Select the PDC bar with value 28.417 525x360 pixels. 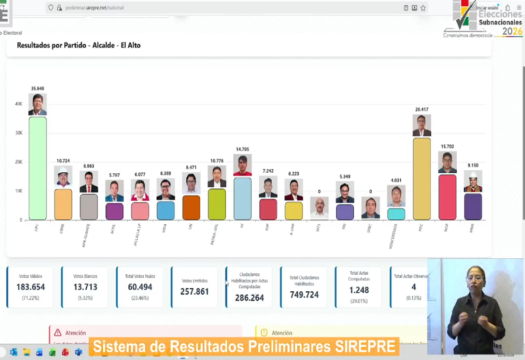421,179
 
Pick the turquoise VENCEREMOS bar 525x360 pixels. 396,214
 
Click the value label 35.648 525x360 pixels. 37,89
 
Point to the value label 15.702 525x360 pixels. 447,147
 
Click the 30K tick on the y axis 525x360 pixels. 19,133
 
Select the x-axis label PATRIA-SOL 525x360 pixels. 214,234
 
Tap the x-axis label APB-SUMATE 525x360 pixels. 86,236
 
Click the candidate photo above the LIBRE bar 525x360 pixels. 63,176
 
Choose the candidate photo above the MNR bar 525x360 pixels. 473,181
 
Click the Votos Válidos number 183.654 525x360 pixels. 31,287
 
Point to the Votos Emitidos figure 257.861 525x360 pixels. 194,292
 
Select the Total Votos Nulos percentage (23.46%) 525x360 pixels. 140,298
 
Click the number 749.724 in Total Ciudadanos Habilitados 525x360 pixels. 304,295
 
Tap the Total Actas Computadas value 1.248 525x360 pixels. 359,290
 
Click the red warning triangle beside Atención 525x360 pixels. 58,333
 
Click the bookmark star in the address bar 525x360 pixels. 423,8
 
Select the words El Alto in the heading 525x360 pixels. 131,45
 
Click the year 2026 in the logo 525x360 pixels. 512,31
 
